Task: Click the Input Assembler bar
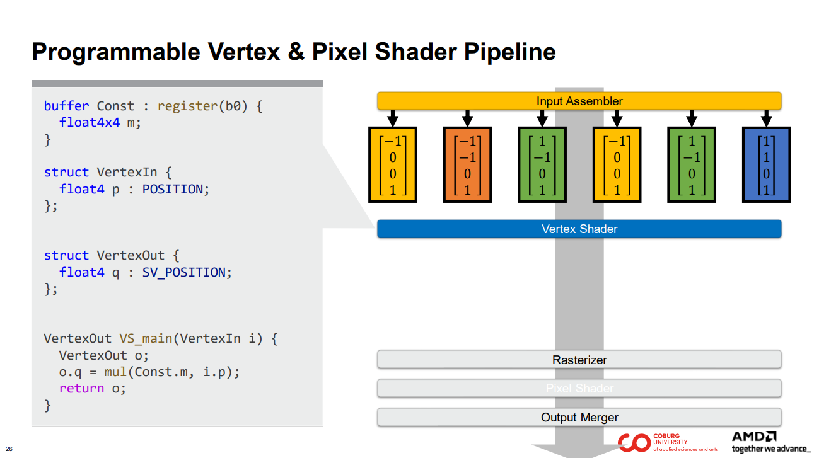point(579,101)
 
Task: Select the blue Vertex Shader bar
point(579,229)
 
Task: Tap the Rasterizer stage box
point(579,360)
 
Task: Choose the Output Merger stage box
point(579,417)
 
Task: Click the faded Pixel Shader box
point(579,388)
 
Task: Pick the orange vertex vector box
point(467,164)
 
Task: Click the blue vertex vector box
point(766,164)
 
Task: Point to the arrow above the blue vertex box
point(766,118)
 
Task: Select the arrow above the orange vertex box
point(467,118)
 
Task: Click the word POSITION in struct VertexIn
point(172,189)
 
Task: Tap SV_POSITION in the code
point(179,272)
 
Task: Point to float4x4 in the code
point(90,122)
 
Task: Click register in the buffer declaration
point(187,106)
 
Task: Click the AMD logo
point(754,437)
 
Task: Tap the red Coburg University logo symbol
point(633,443)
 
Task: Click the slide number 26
point(9,449)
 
